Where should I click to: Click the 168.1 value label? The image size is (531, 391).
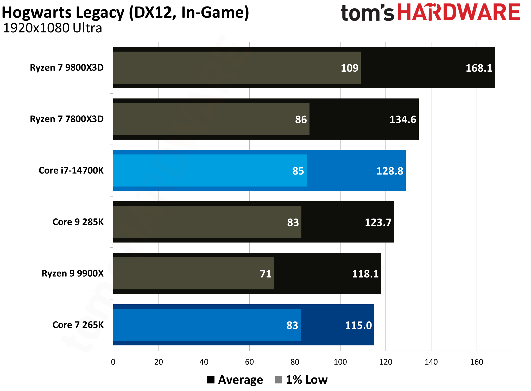pos(479,68)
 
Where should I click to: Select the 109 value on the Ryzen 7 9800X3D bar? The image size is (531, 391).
pos(349,68)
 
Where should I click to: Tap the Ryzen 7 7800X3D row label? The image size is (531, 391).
pos(67,119)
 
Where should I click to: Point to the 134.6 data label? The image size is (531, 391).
pos(403,120)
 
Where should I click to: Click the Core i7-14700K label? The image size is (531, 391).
pos(71,170)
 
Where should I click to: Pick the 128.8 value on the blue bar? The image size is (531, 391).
pos(390,171)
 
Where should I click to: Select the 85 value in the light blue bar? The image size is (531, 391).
pos(298,171)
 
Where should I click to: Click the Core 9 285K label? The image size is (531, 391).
pos(78,222)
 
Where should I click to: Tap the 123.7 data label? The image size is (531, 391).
pos(378,222)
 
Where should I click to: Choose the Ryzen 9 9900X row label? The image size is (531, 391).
pos(73,273)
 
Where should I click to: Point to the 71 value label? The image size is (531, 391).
pos(265,274)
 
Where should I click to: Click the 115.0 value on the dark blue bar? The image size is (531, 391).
pos(358,325)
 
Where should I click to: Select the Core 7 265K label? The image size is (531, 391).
pos(78,325)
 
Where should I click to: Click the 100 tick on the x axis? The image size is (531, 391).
pos(340,362)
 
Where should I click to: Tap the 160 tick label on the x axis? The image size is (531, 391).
pos(476,362)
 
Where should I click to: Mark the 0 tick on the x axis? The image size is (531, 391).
pos(113,362)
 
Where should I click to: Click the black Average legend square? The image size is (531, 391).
pos(211,380)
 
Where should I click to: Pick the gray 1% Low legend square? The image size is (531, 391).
pos(278,380)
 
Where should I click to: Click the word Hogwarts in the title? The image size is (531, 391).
pos(36,13)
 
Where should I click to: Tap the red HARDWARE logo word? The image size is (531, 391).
pos(458,13)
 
